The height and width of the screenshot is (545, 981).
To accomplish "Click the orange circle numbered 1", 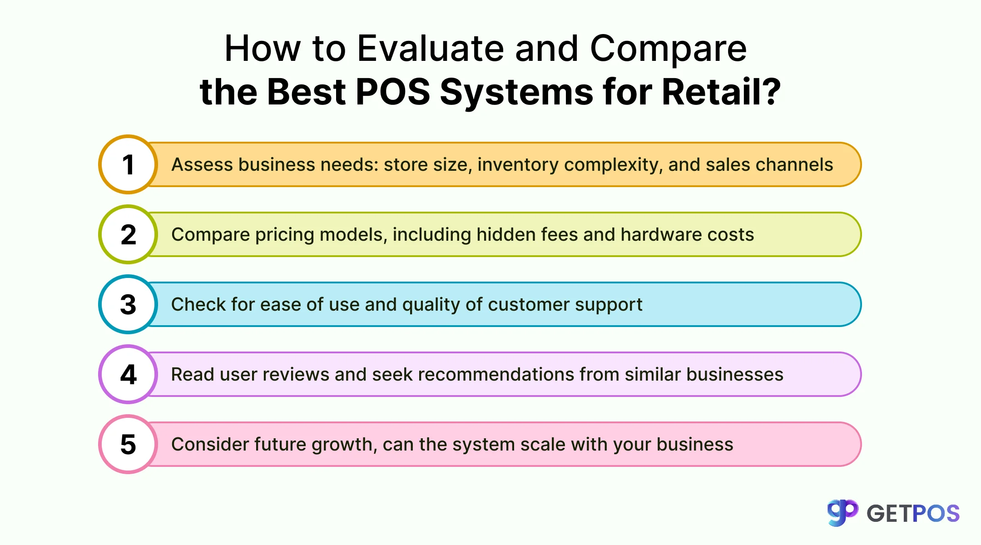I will pyautogui.click(x=128, y=164).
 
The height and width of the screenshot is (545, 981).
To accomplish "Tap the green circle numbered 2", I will pyautogui.click(x=128, y=234).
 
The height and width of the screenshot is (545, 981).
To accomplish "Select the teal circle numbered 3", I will pyautogui.click(x=128, y=304).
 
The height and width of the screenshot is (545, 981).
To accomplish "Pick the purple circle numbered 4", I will pyautogui.click(x=128, y=374).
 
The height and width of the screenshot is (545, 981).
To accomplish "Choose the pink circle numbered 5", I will pyautogui.click(x=128, y=444).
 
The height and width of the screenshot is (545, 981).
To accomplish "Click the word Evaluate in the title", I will pyautogui.click(x=430, y=49).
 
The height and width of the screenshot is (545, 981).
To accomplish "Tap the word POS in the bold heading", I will pyautogui.click(x=392, y=92).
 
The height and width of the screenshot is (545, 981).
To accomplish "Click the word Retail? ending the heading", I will pyautogui.click(x=721, y=92).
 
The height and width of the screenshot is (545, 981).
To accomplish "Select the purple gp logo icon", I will pyautogui.click(x=842, y=512).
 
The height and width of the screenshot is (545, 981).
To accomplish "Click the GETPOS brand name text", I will pyautogui.click(x=913, y=514).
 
